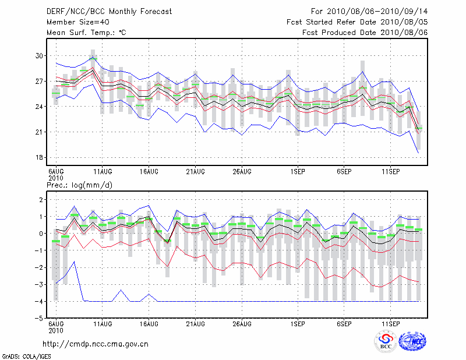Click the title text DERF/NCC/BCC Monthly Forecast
point(109,12)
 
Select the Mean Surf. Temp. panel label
point(86,33)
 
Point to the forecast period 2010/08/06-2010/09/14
point(369,12)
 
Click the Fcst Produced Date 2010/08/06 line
point(365,33)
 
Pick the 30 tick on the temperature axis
point(39,56)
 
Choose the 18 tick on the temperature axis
point(39,158)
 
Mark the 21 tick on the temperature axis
point(39,132)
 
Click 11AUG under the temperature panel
point(102,172)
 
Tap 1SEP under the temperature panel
point(298,172)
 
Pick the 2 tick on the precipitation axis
point(41,200)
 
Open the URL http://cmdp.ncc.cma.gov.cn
point(96,344)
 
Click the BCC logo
point(386,341)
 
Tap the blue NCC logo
point(412,341)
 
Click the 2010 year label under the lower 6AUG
point(55,330)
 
